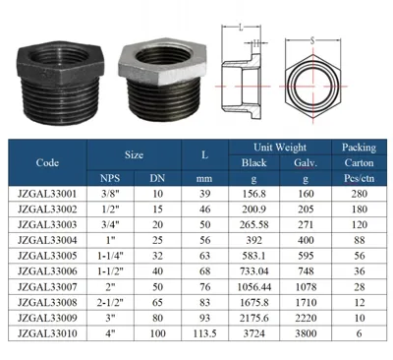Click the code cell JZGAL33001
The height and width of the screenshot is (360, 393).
47,194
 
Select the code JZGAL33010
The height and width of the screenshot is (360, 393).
47,333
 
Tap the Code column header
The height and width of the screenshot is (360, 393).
47,162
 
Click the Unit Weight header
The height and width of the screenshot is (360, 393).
280,148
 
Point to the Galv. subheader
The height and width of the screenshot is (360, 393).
306,163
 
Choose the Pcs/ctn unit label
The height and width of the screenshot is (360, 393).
359,178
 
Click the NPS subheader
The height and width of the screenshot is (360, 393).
110,178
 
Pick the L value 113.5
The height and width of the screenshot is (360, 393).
204,333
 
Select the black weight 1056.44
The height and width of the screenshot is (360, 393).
254,287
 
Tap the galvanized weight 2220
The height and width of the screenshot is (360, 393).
306,318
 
